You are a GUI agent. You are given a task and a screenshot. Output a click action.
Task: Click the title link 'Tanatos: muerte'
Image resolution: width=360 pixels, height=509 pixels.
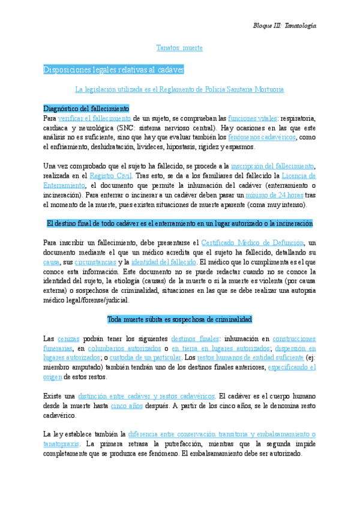[x=179, y=47]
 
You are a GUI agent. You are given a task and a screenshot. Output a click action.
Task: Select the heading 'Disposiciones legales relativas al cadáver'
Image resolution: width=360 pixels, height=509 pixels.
[x=113, y=70]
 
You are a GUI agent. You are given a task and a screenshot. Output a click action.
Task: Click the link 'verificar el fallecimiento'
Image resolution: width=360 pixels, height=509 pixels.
[x=95, y=118]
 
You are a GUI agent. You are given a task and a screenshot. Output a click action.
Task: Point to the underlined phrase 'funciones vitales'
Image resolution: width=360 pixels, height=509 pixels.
[x=252, y=118]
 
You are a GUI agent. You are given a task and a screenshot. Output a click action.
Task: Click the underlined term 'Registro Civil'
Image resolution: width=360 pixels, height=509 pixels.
[x=110, y=176]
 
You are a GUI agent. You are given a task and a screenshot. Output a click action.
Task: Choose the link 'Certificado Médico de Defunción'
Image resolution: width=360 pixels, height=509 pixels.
[x=252, y=243]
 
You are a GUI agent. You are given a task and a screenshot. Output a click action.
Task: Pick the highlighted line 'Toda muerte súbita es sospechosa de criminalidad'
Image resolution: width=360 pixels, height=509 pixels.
[x=179, y=319]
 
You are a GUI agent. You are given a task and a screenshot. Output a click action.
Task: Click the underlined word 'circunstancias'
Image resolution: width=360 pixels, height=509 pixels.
[x=95, y=262]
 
